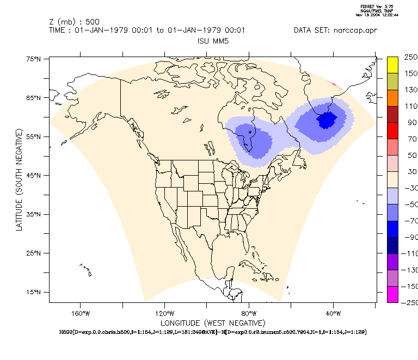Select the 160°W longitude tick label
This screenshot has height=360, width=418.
point(80,313)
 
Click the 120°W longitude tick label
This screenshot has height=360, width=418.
point(164,313)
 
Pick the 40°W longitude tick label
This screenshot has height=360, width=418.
point(333,313)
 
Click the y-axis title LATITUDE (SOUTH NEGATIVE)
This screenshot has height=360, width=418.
point(19,179)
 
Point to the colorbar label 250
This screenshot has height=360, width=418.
point(410,57)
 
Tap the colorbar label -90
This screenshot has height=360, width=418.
point(410,237)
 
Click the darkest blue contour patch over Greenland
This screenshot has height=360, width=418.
point(327,119)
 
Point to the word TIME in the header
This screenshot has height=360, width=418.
point(58,30)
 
